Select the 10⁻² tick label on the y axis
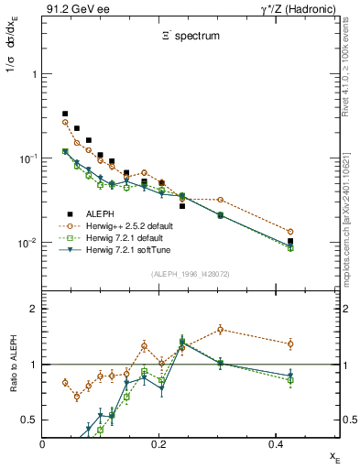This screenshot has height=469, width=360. (27, 243)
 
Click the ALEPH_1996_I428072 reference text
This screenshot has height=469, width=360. (190, 274)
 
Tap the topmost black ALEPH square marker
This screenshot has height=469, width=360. (65, 114)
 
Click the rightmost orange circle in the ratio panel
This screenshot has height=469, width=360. (290, 344)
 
